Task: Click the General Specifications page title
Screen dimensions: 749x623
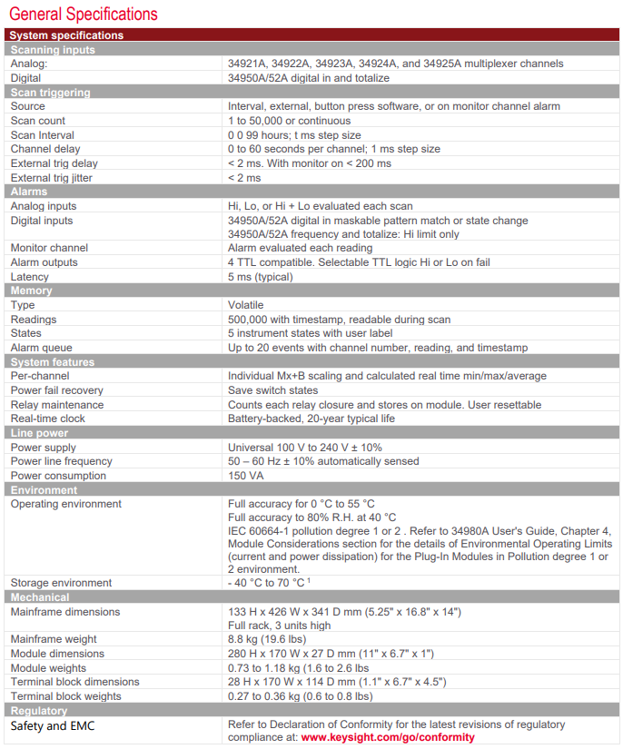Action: point(83,14)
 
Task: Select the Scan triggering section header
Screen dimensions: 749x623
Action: point(43,93)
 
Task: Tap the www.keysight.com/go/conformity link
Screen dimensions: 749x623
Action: point(388,738)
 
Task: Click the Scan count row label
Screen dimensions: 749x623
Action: point(38,121)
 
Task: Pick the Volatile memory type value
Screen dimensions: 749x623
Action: point(246,305)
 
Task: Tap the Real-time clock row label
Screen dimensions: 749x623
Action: point(47,419)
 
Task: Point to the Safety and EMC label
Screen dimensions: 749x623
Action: point(53,726)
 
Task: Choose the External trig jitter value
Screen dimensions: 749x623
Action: point(244,178)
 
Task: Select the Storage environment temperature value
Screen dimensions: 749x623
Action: point(269,583)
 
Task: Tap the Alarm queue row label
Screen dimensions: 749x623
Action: point(42,348)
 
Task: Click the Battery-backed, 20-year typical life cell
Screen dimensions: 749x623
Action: point(311,419)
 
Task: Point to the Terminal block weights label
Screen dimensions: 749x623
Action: point(65,696)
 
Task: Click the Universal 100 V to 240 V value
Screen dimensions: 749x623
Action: point(305,447)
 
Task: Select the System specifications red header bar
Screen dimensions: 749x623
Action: point(311,35)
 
